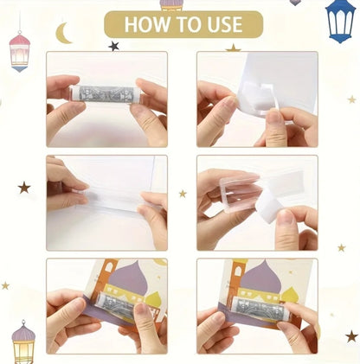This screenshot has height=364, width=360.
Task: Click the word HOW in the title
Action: pyautogui.click(x=143, y=24)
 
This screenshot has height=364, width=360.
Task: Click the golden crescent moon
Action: pyautogui.click(x=63, y=34)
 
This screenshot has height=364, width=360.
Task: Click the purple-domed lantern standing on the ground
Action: pyautogui.click(x=23, y=342)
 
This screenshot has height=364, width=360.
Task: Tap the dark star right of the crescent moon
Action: pyautogui.click(x=113, y=46)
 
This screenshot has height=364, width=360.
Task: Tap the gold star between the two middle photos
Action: pyautogui.click(x=183, y=194)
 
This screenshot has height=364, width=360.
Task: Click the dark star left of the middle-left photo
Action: pyautogui.click(x=24, y=187)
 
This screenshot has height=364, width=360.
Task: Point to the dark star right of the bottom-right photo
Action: pyautogui.click(x=351, y=335)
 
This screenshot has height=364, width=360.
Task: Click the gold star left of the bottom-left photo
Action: pyautogui.click(x=5, y=285)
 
